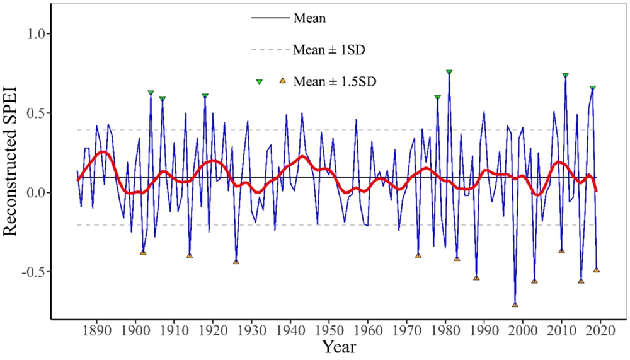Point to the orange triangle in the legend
pyautogui.click(x=282, y=81)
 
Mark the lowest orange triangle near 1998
pyautogui.click(x=515, y=305)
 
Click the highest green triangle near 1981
pyautogui.click(x=449, y=72)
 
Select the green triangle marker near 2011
pyautogui.click(x=566, y=75)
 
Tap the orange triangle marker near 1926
pyautogui.click(x=236, y=262)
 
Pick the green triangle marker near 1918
pyautogui.click(x=205, y=96)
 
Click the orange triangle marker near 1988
pyautogui.click(x=476, y=277)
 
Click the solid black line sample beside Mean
pyautogui.click(x=271, y=18)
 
